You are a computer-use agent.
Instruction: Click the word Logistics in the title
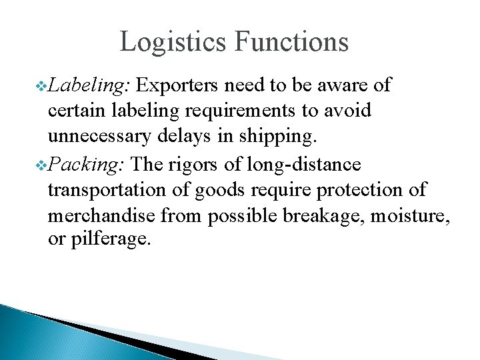click(x=173, y=41)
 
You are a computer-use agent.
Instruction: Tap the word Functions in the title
click(x=291, y=41)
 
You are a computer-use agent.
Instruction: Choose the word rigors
click(x=202, y=164)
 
